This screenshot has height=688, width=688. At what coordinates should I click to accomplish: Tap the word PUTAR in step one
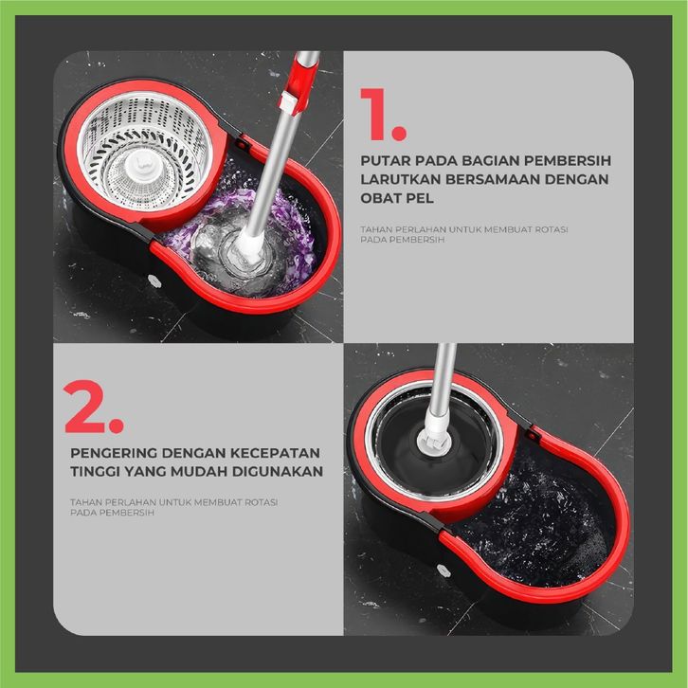click(385, 160)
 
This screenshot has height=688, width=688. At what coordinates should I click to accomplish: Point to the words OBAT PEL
click(397, 198)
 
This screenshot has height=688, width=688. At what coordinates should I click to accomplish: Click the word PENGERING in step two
click(113, 453)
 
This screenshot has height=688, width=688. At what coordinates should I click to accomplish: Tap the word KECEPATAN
click(275, 453)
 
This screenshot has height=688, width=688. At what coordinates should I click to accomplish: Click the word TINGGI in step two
click(94, 472)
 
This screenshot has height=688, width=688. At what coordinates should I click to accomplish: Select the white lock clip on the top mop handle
click(289, 102)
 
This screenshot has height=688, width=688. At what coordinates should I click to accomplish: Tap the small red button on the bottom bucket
click(533, 435)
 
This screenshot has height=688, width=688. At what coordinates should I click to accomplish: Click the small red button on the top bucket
click(242, 143)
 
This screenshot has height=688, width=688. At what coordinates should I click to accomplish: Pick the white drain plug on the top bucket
click(153, 280)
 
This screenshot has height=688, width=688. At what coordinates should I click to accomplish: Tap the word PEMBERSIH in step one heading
click(568, 160)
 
